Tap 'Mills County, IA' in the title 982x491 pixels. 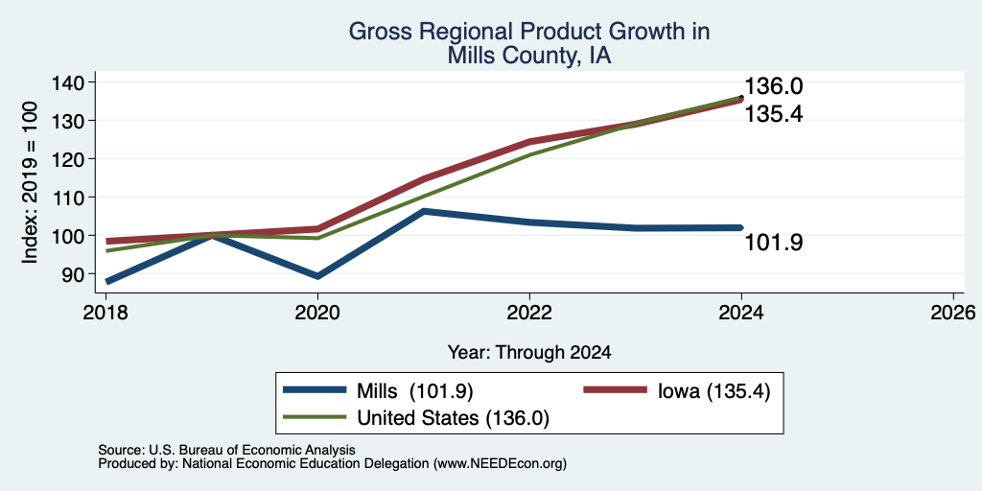(x=529, y=56)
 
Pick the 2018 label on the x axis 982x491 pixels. (x=105, y=312)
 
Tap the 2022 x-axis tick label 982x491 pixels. (x=529, y=312)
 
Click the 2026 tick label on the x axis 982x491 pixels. (x=954, y=312)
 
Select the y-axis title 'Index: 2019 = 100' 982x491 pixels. (x=31, y=182)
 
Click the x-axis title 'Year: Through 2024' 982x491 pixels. (x=529, y=353)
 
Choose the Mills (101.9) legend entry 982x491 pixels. (x=378, y=390)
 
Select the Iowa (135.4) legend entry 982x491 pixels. (x=676, y=390)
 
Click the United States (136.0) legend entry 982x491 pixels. (x=416, y=418)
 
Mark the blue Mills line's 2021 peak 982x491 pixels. (x=424, y=211)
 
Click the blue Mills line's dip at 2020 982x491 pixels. (x=317, y=276)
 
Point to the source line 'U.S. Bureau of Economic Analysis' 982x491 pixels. (x=252, y=450)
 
